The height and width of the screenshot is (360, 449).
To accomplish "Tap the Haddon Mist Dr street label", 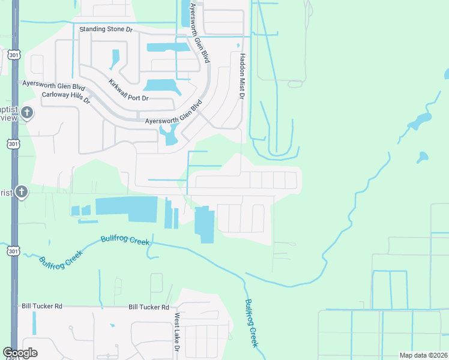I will pos(242,76).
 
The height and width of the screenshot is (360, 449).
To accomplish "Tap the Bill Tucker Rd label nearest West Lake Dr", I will pos(149,307).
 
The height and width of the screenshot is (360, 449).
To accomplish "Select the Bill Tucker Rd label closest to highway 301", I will pos(41,306).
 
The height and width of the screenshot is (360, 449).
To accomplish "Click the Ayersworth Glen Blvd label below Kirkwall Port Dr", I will pos(174,113).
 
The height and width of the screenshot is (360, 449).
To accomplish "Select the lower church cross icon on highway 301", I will pos(21,192).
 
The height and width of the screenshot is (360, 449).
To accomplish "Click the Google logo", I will pos(20,353).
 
